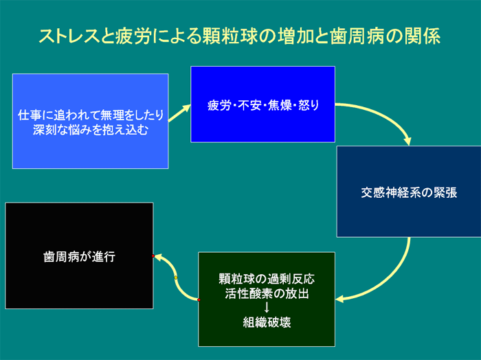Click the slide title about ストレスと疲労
pyautogui.click(x=240, y=36)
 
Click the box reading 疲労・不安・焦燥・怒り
pyautogui.click(x=263, y=104)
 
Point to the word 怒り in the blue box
pyautogui.click(x=309, y=106)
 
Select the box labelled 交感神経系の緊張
pyautogui.click(x=409, y=192)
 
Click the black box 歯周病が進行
pyautogui.click(x=79, y=256)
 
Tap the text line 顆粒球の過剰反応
pyautogui.click(x=267, y=279)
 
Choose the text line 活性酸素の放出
pyautogui.click(x=267, y=293)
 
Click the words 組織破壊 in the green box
pyautogui.click(x=267, y=322)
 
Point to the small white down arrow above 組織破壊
pyautogui.click(x=267, y=308)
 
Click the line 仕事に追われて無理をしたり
pyautogui.click(x=91, y=115)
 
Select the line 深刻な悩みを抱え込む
pyautogui.click(x=91, y=130)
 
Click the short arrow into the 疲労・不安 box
pyautogui.click(x=179, y=113)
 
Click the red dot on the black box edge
pyautogui.click(x=153, y=256)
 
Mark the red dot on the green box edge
pyautogui.click(x=199, y=300)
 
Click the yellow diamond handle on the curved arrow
pyautogui.click(x=176, y=278)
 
